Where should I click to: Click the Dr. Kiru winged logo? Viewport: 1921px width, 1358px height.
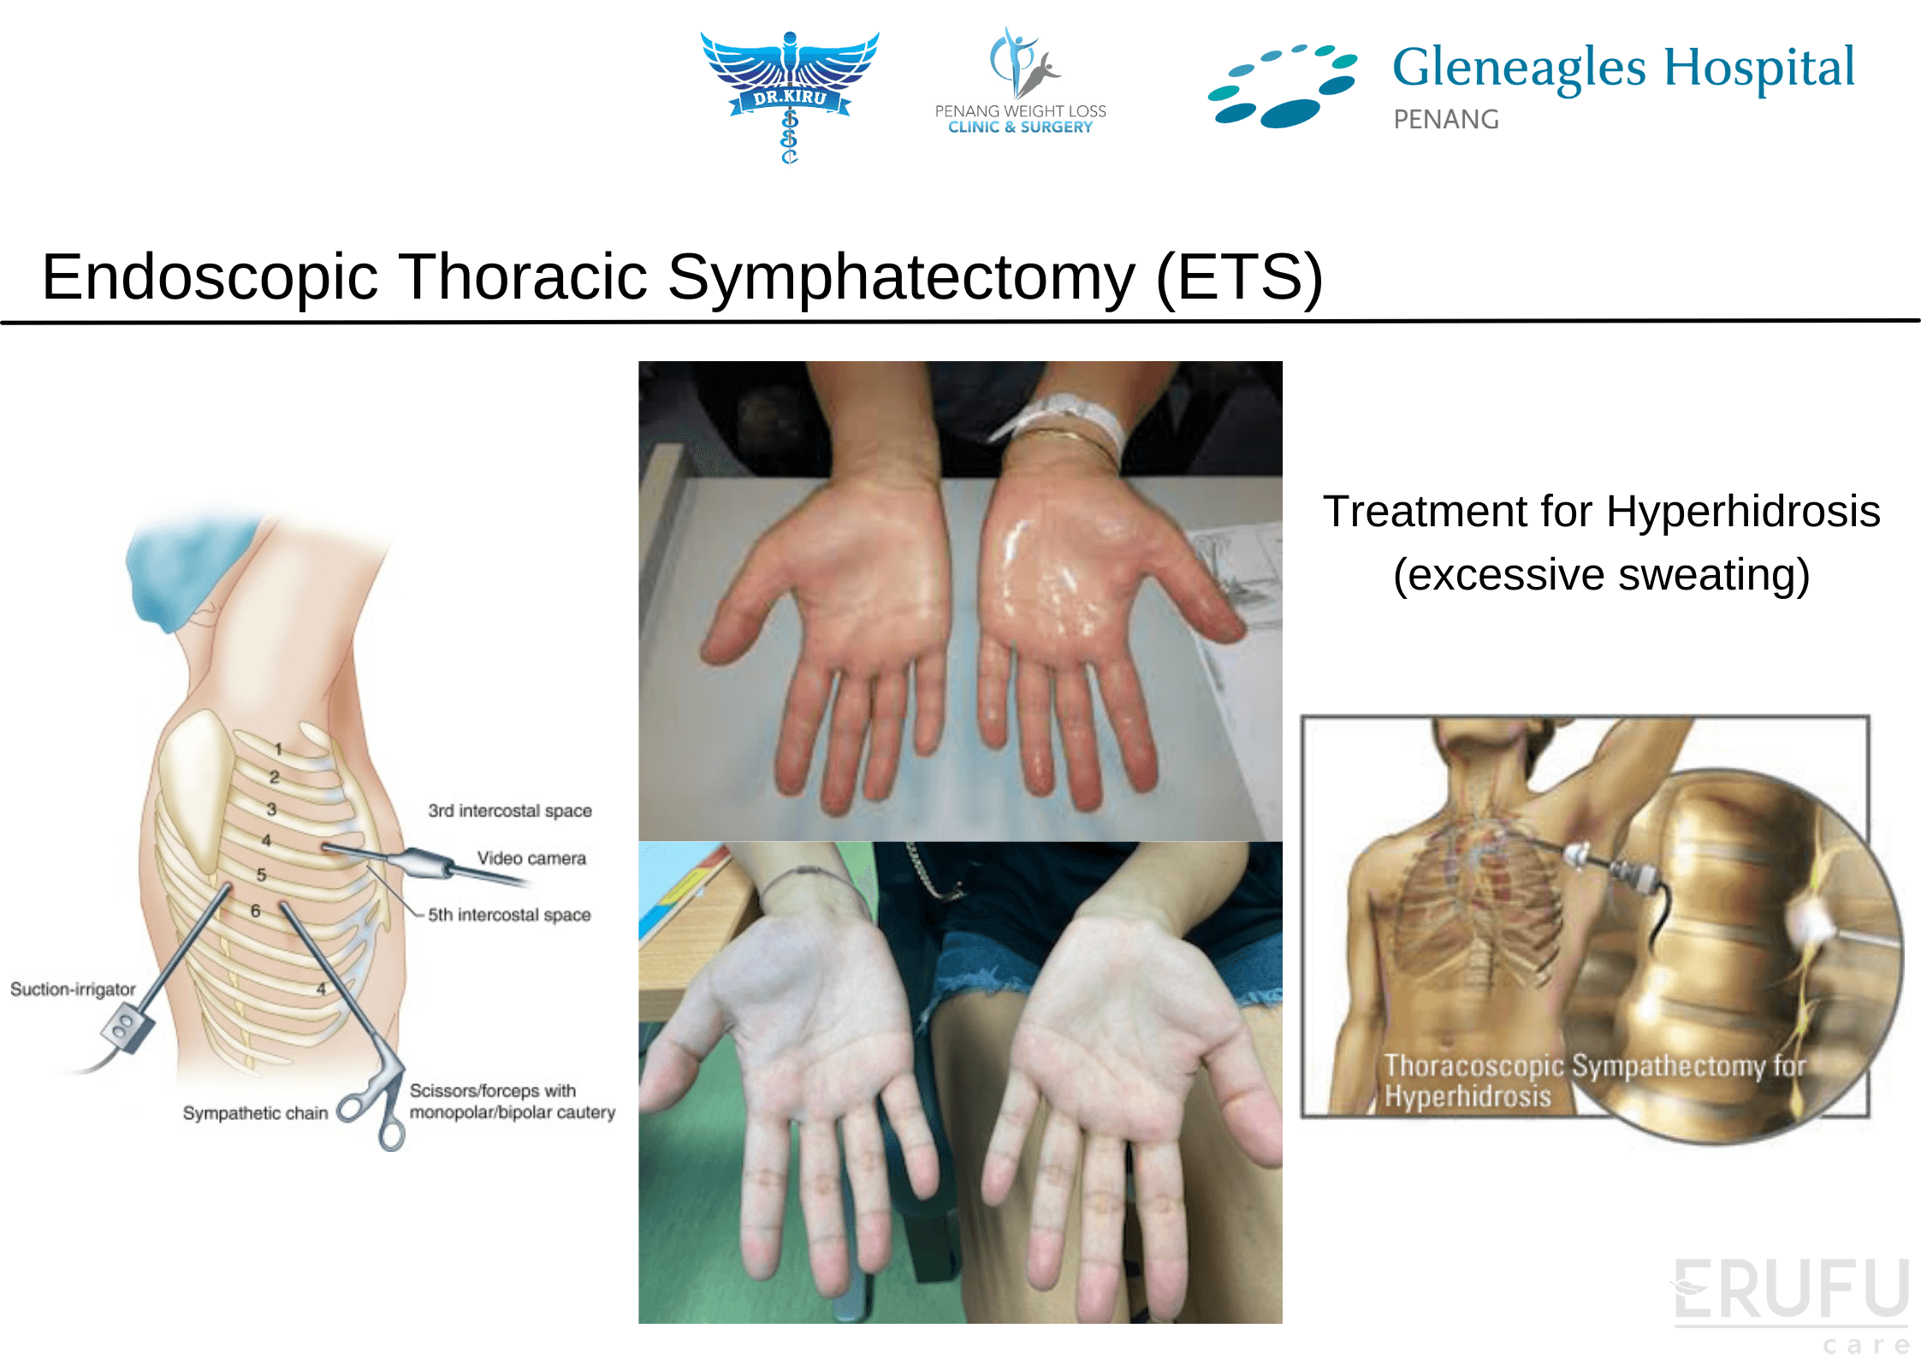point(789,94)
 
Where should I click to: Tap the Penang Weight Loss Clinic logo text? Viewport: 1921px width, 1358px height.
point(1020,119)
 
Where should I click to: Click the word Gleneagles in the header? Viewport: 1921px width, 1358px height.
point(1519,68)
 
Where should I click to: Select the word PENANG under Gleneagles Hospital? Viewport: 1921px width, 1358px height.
point(1446,119)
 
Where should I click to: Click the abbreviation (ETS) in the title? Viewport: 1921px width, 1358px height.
point(1239,277)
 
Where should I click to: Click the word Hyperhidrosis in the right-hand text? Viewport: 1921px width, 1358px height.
point(1743,511)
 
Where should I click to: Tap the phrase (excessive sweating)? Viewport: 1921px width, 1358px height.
point(1601,574)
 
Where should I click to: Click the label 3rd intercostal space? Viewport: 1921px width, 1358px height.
point(510,810)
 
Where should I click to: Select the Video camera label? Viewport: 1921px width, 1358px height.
point(531,857)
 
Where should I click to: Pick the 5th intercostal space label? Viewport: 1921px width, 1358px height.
point(509,915)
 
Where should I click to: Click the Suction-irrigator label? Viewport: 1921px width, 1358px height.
point(73,989)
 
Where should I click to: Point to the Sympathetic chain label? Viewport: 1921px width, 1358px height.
point(255,1112)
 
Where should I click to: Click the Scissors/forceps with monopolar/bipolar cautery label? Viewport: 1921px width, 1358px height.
point(512,1101)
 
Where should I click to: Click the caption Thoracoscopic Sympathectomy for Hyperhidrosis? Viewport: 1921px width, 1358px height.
point(1594,1081)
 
